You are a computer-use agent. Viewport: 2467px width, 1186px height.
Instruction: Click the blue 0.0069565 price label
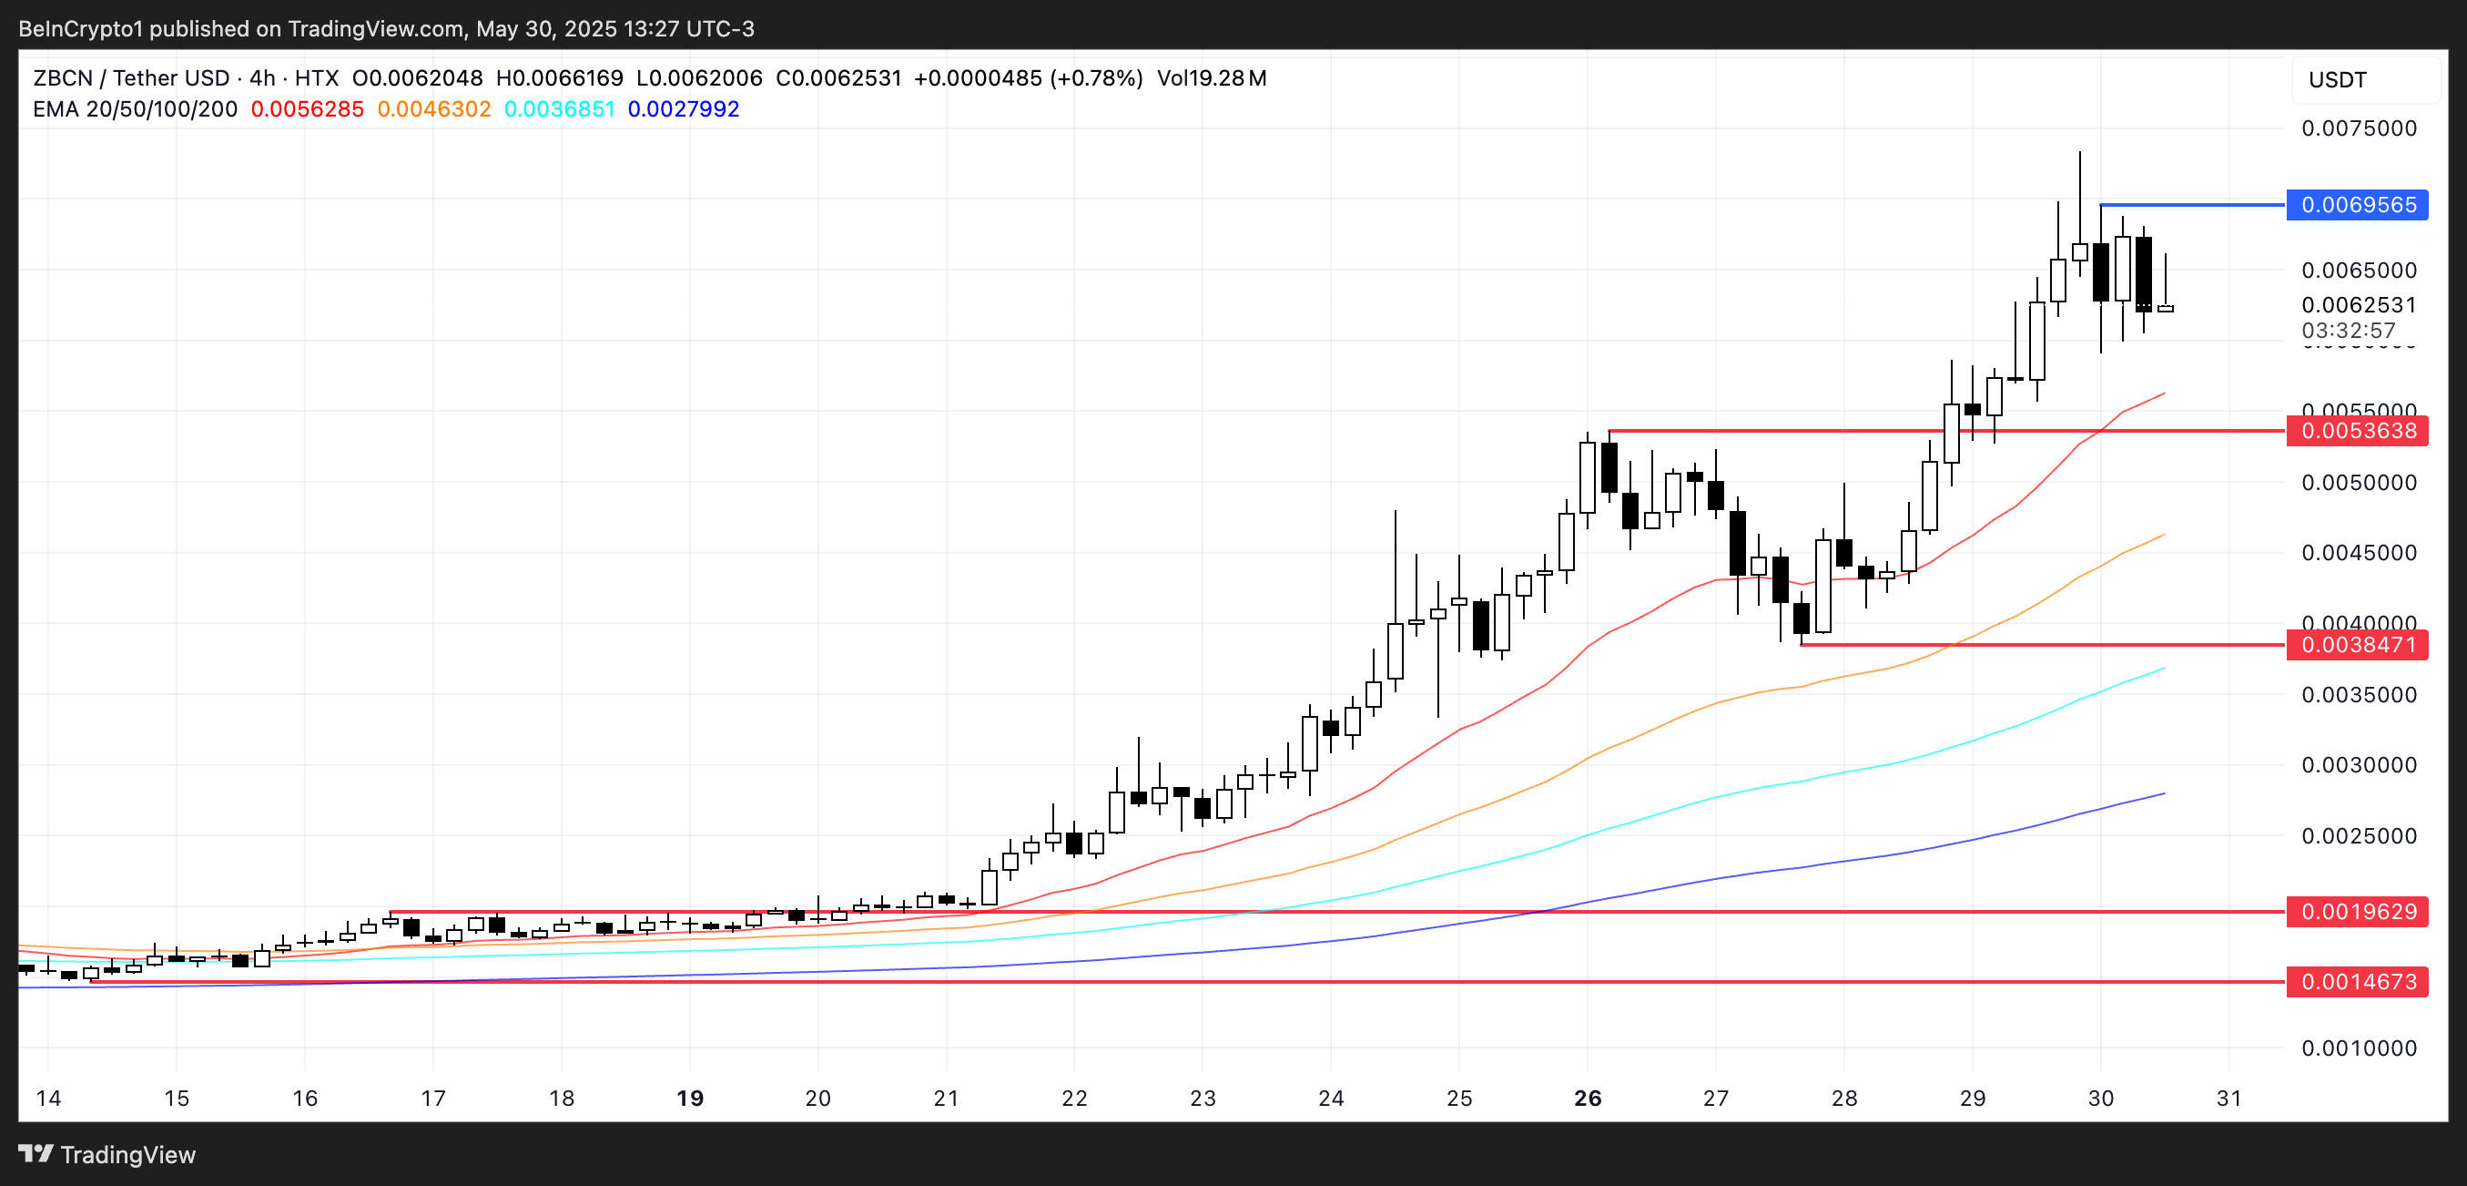point(2357,205)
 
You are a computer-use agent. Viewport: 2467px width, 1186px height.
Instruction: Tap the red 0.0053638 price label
point(2357,431)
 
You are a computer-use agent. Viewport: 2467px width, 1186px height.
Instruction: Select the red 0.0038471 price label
point(2357,645)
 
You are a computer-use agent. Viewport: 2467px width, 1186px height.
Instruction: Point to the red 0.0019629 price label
point(2357,911)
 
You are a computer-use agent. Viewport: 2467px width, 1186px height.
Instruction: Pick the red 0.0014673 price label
point(2357,982)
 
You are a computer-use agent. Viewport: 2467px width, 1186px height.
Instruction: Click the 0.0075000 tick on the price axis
point(2359,128)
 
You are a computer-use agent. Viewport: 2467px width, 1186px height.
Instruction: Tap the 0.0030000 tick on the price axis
point(2359,765)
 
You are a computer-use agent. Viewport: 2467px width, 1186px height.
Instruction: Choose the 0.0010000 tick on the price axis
point(2359,1048)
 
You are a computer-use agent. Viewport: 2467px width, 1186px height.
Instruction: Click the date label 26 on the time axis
point(1587,1098)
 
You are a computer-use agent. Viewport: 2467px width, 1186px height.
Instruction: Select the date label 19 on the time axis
point(689,1098)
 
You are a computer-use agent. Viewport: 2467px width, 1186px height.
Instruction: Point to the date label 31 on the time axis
point(2228,1098)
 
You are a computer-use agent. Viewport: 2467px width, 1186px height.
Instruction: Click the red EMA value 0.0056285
point(308,109)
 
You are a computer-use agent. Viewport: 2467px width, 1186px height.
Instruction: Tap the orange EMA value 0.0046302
point(434,109)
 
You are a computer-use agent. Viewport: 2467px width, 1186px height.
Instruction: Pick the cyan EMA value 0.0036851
point(559,109)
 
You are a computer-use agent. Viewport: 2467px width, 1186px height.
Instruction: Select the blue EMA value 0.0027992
point(683,109)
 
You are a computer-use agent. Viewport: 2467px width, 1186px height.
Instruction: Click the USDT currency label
point(2337,79)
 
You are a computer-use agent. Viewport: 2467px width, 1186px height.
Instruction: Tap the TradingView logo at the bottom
point(107,1154)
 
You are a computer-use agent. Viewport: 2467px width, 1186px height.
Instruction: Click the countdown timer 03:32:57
point(2349,331)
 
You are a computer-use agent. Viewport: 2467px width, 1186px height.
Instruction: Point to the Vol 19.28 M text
point(1212,78)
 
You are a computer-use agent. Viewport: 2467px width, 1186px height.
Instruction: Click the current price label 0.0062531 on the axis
point(2359,304)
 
